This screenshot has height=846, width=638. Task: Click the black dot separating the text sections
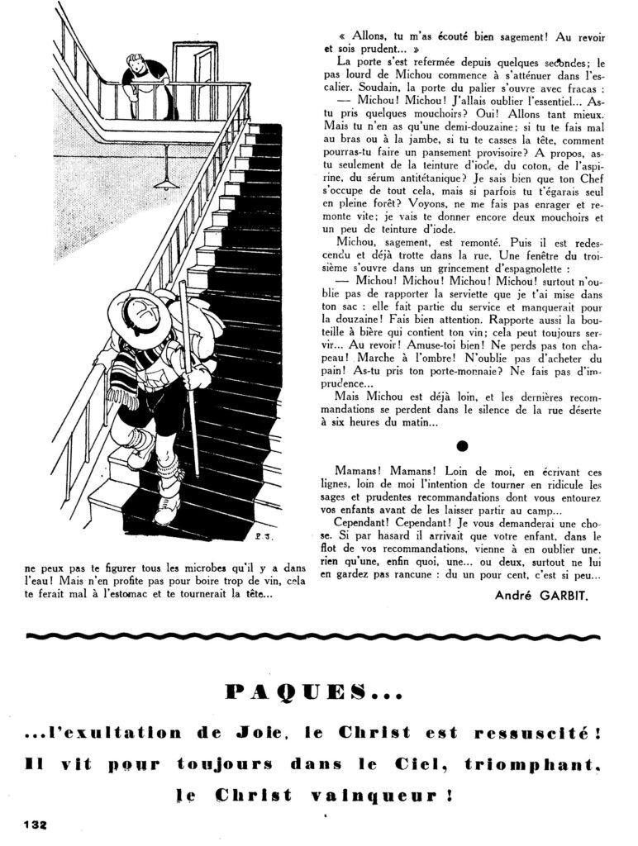pyautogui.click(x=463, y=446)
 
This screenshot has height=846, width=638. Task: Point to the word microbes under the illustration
pyautogui.click(x=198, y=568)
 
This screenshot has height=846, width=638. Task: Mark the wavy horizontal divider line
pyautogui.click(x=319, y=636)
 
